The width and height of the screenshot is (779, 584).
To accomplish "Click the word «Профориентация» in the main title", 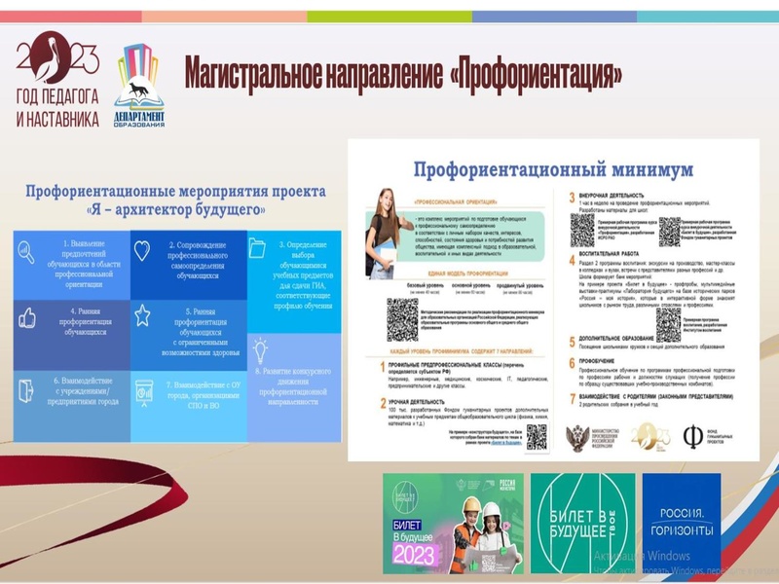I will point(538,75).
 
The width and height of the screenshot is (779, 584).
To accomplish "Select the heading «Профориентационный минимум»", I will point(553,168).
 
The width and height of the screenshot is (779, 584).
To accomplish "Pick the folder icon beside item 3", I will point(257,248).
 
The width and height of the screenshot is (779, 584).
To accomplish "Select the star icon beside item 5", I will point(142,315).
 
